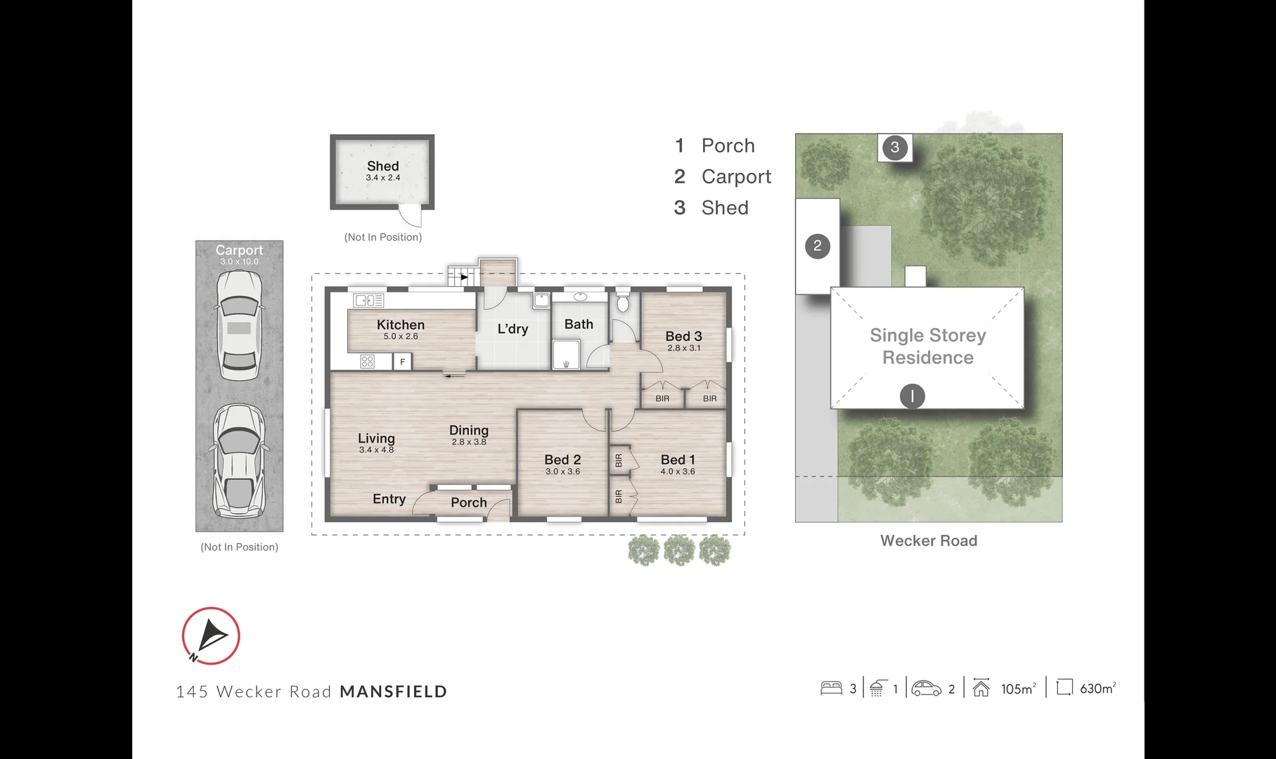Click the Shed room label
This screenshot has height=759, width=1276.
382,167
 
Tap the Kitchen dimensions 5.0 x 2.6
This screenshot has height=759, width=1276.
401,337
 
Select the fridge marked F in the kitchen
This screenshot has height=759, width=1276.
402,362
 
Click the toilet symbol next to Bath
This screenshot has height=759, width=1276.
623,302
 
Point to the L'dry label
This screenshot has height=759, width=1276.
513,329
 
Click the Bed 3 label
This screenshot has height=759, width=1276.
683,337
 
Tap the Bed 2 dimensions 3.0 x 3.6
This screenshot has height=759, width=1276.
562,472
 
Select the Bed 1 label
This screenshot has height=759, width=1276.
677,460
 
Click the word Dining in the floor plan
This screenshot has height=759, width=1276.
469,430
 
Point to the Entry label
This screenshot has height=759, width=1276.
389,499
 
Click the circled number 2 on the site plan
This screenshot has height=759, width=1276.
817,246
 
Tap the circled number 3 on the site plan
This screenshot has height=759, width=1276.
894,148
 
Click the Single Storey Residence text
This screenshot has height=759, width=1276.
927,346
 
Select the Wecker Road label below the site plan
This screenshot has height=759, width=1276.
928,540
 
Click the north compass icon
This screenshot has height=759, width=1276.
211,636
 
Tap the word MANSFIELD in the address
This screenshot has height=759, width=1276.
393,692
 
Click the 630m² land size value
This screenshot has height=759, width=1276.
1097,689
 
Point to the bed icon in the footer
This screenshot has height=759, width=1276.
831,688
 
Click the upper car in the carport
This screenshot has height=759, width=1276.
239,325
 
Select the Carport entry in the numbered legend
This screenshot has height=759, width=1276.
735,177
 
